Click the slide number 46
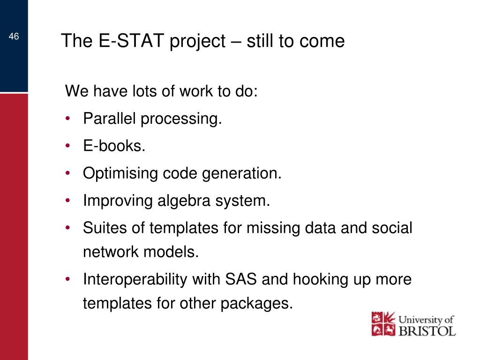[x=14, y=37]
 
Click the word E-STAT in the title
[x=131, y=41]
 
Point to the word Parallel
[x=109, y=118]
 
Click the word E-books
[x=114, y=146]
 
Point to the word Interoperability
[x=135, y=280]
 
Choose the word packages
[x=256, y=304]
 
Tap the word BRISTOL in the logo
[x=427, y=331]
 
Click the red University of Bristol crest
[x=383, y=324]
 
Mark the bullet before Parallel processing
[x=68, y=118]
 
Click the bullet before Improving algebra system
[x=68, y=201]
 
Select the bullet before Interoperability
[x=68, y=279]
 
